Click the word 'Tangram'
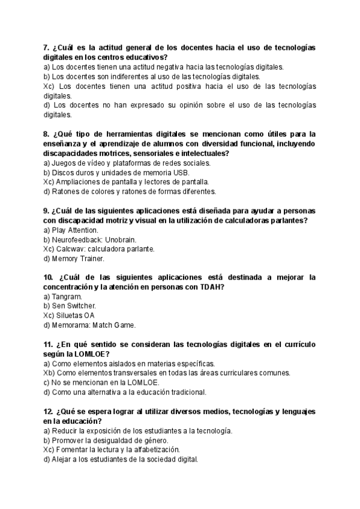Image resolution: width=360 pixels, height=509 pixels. coord(67,297)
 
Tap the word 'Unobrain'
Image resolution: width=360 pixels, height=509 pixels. coord(120,239)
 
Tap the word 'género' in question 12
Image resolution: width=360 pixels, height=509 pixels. coord(152,440)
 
